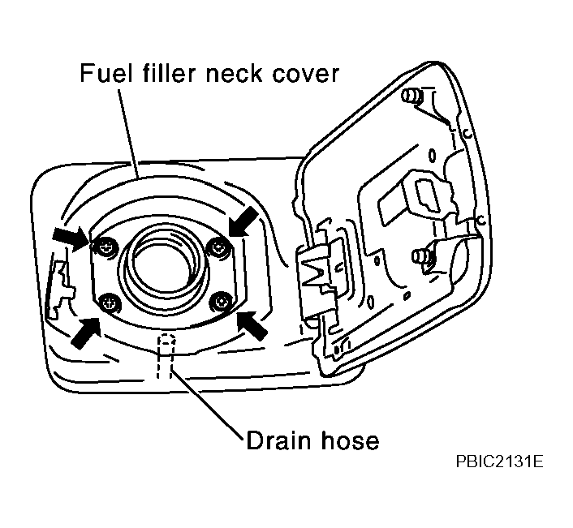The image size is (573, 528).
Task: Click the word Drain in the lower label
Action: click(279, 440)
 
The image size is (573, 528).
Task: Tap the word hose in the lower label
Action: click(350, 440)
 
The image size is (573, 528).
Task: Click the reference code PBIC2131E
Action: click(499, 461)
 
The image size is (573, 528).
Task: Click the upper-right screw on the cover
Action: click(219, 249)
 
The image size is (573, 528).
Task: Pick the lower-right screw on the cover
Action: click(221, 301)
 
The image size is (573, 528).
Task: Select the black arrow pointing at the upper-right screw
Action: click(243, 221)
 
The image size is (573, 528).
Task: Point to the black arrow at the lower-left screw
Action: click(86, 333)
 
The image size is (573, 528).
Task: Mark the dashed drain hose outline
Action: click(166, 356)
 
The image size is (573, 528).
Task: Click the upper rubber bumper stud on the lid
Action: click(411, 96)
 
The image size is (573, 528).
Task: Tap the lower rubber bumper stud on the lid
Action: click(422, 256)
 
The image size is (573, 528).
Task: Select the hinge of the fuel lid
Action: click(317, 277)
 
